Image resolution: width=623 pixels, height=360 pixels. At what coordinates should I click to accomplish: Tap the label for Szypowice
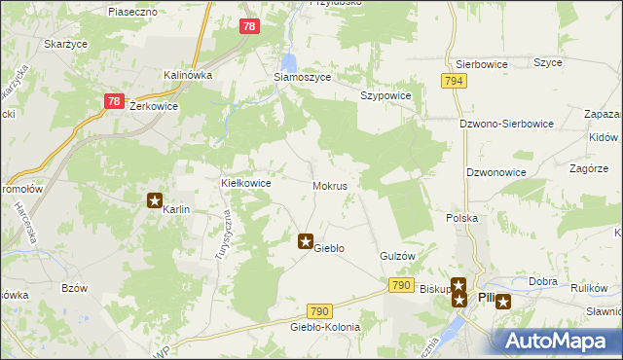386,95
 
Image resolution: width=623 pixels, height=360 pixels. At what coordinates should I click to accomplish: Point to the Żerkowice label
153,106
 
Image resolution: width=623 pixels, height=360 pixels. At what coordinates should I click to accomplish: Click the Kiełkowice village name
246,182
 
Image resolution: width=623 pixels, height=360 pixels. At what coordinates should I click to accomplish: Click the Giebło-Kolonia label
325,327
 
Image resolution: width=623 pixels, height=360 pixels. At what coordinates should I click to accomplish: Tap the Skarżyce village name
65,45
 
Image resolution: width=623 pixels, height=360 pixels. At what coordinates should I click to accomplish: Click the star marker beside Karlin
154,200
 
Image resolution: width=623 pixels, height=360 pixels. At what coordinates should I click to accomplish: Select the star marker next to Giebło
305,240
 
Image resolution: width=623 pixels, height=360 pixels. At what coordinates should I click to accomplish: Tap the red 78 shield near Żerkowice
114,101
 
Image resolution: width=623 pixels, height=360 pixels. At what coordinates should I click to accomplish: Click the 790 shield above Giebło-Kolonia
321,310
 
